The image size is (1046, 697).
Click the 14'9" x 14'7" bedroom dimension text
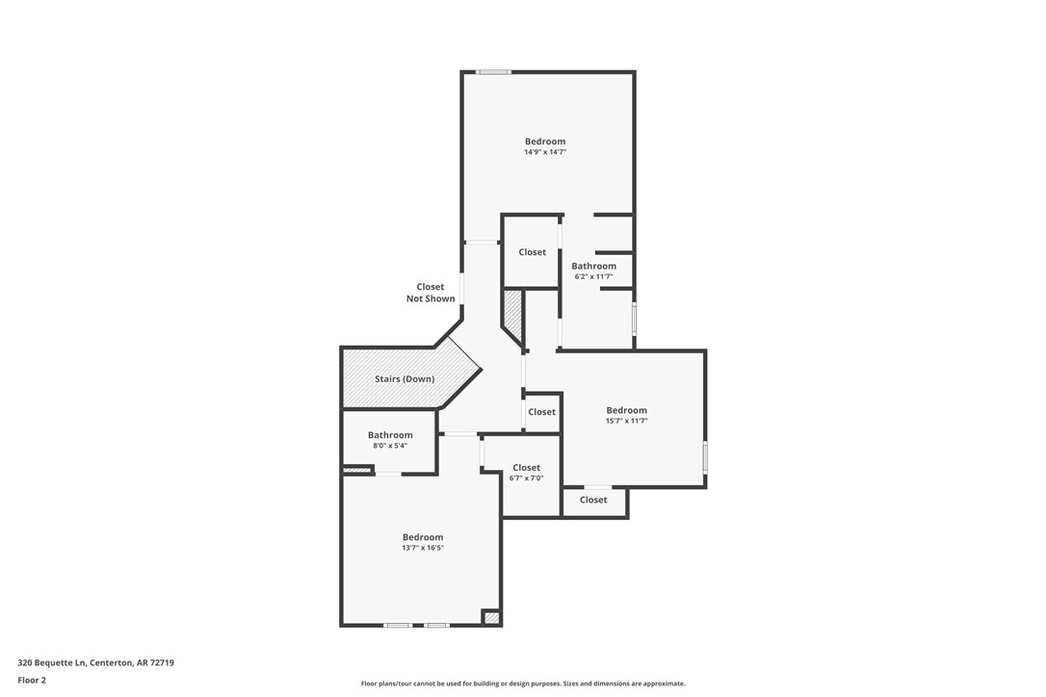coord(545,152)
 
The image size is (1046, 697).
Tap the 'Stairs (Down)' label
coord(405,379)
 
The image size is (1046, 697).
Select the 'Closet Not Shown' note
coord(431,293)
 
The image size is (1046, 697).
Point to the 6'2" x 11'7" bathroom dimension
coord(593,276)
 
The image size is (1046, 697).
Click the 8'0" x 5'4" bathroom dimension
coord(390,446)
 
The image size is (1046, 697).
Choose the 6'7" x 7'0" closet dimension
coord(527,478)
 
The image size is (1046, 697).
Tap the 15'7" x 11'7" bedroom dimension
coord(626,421)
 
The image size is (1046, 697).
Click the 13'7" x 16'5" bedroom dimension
coord(423,548)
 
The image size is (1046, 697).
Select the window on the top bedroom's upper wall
coord(494,71)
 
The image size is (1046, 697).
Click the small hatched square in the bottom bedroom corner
coord(491,617)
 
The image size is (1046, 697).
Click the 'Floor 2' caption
coord(32,680)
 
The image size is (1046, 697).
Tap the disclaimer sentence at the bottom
coord(523,684)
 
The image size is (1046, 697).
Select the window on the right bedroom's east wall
coord(705,456)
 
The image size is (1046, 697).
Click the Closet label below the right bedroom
coord(593,500)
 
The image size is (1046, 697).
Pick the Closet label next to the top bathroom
coord(533,252)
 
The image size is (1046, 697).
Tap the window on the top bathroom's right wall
coord(634,319)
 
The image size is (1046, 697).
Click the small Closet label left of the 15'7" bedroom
coord(542,412)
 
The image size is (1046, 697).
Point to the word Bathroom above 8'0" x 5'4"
coord(390,435)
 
